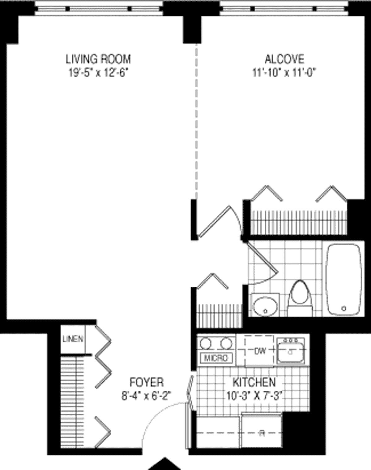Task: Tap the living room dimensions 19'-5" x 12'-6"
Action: pyautogui.click(x=98, y=72)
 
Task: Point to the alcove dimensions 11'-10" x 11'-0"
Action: pyautogui.click(x=284, y=72)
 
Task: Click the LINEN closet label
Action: pyautogui.click(x=73, y=339)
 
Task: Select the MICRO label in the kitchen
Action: pyautogui.click(x=216, y=358)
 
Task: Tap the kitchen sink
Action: pyautogui.click(x=291, y=351)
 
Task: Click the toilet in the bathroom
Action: pyautogui.click(x=300, y=298)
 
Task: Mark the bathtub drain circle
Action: pyautogui.click(x=344, y=308)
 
